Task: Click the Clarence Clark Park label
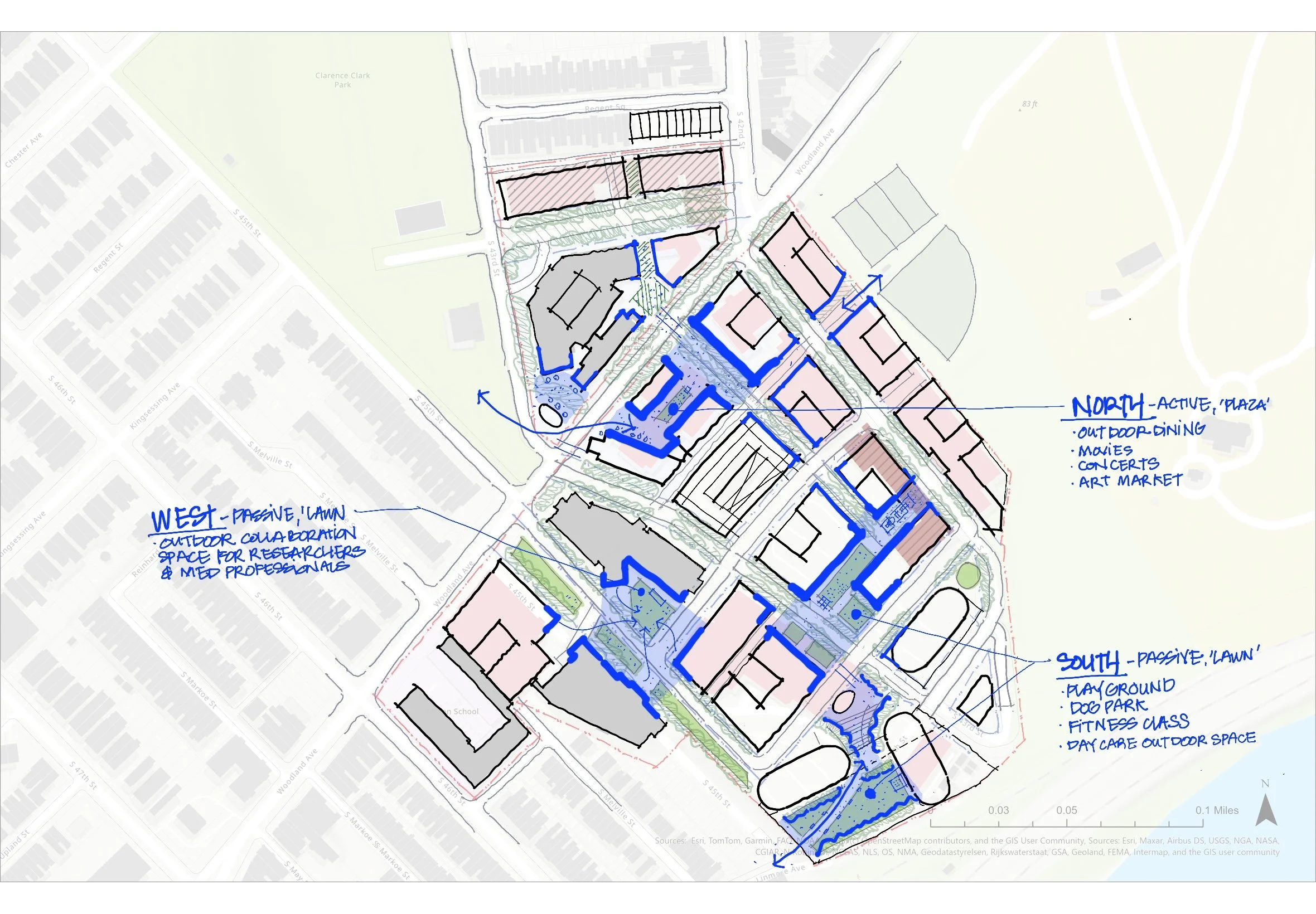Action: (342, 80)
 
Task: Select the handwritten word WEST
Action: (183, 519)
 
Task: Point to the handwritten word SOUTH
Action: (1087, 662)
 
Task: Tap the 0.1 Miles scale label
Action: (1216, 810)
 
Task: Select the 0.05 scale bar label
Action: (1066, 810)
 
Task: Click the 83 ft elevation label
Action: (1029, 104)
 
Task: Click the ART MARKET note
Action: (1130, 481)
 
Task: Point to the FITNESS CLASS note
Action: (1128, 725)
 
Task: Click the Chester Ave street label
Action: (23, 150)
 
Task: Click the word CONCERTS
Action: (1118, 464)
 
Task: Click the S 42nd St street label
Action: (740, 130)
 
